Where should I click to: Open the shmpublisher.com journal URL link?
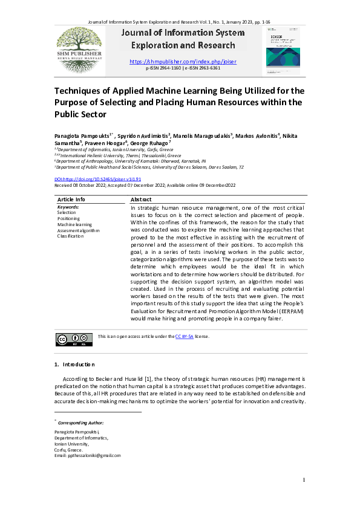183,62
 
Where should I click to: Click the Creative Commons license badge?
74,340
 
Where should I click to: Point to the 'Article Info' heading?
71,199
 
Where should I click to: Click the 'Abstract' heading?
141,199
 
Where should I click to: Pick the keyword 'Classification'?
71,236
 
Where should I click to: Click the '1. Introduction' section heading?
75,365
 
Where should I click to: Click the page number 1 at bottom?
303,480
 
